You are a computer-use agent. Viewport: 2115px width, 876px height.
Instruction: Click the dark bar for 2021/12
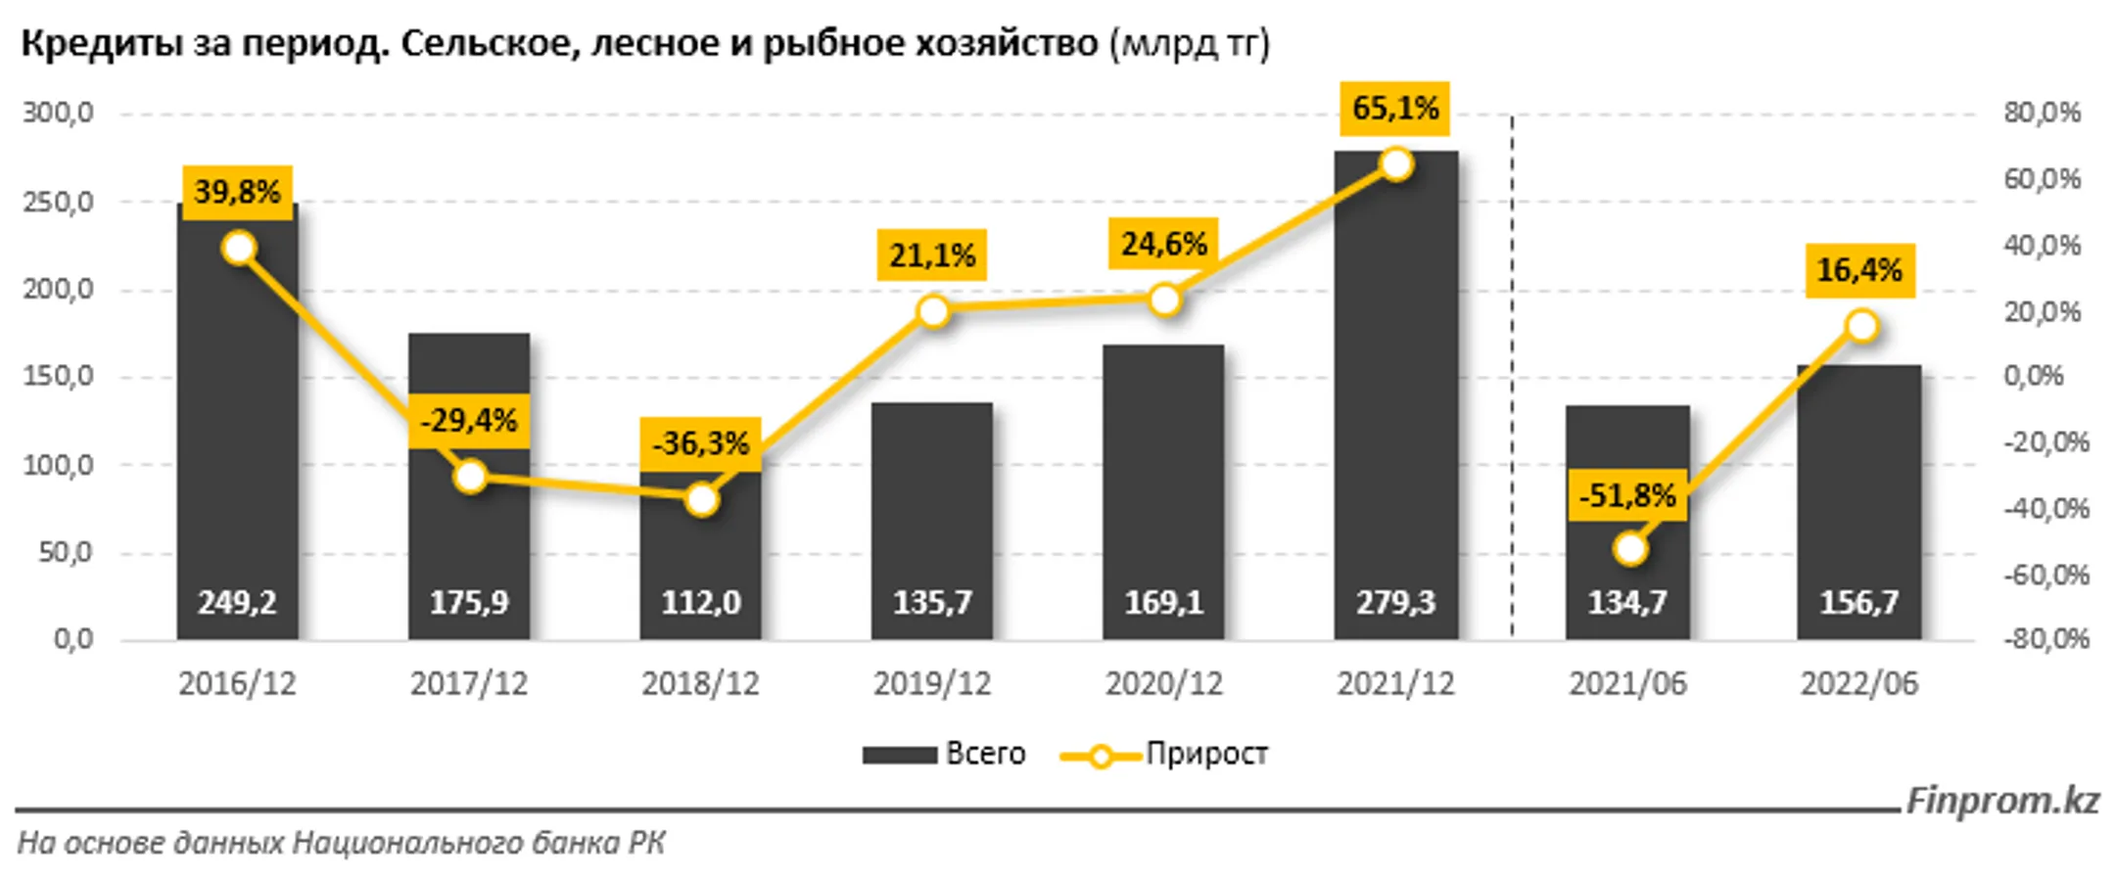pyautogui.click(x=1395, y=392)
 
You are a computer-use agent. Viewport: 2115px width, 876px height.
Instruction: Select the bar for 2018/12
pyautogui.click(x=700, y=558)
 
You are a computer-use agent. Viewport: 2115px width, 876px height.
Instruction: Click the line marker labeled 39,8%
pyautogui.click(x=239, y=249)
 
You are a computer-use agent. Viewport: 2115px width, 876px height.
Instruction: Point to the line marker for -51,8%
pyautogui.click(x=1629, y=549)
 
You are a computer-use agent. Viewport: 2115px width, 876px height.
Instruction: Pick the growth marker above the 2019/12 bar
pyautogui.click(x=933, y=311)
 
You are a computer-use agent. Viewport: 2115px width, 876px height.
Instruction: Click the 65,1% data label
pyautogui.click(x=1395, y=108)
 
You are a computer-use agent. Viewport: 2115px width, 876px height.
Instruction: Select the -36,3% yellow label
pyautogui.click(x=700, y=443)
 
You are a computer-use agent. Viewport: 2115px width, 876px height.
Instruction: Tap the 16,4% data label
pyautogui.click(x=1858, y=269)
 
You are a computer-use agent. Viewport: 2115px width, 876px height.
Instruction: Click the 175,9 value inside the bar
pyautogui.click(x=469, y=602)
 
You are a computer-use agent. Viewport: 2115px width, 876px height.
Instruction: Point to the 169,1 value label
pyautogui.click(x=1163, y=602)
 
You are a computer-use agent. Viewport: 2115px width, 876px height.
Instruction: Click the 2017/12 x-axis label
pyautogui.click(x=469, y=683)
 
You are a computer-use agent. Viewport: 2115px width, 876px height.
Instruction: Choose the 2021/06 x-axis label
pyautogui.click(x=1627, y=683)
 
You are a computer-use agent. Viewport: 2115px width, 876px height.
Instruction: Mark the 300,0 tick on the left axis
pyautogui.click(x=59, y=113)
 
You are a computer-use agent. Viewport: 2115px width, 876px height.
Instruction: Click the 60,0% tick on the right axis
pyautogui.click(x=2042, y=179)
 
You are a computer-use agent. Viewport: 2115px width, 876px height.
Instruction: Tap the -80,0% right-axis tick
pyautogui.click(x=2045, y=639)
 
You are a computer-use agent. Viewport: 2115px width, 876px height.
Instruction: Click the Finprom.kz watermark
pyautogui.click(x=2002, y=801)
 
